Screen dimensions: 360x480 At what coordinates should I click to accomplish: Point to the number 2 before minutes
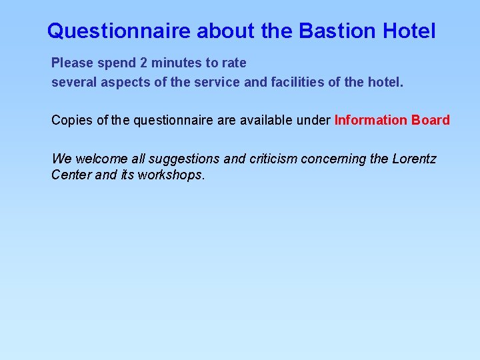click(x=144, y=63)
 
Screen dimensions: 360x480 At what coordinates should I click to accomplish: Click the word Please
click(x=73, y=63)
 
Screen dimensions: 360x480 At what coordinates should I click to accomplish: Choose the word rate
click(x=234, y=63)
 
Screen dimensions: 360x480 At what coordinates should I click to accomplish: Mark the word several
click(x=73, y=83)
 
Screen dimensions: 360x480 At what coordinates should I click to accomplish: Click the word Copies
click(x=71, y=121)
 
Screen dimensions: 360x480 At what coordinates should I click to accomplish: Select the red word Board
click(x=431, y=121)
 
